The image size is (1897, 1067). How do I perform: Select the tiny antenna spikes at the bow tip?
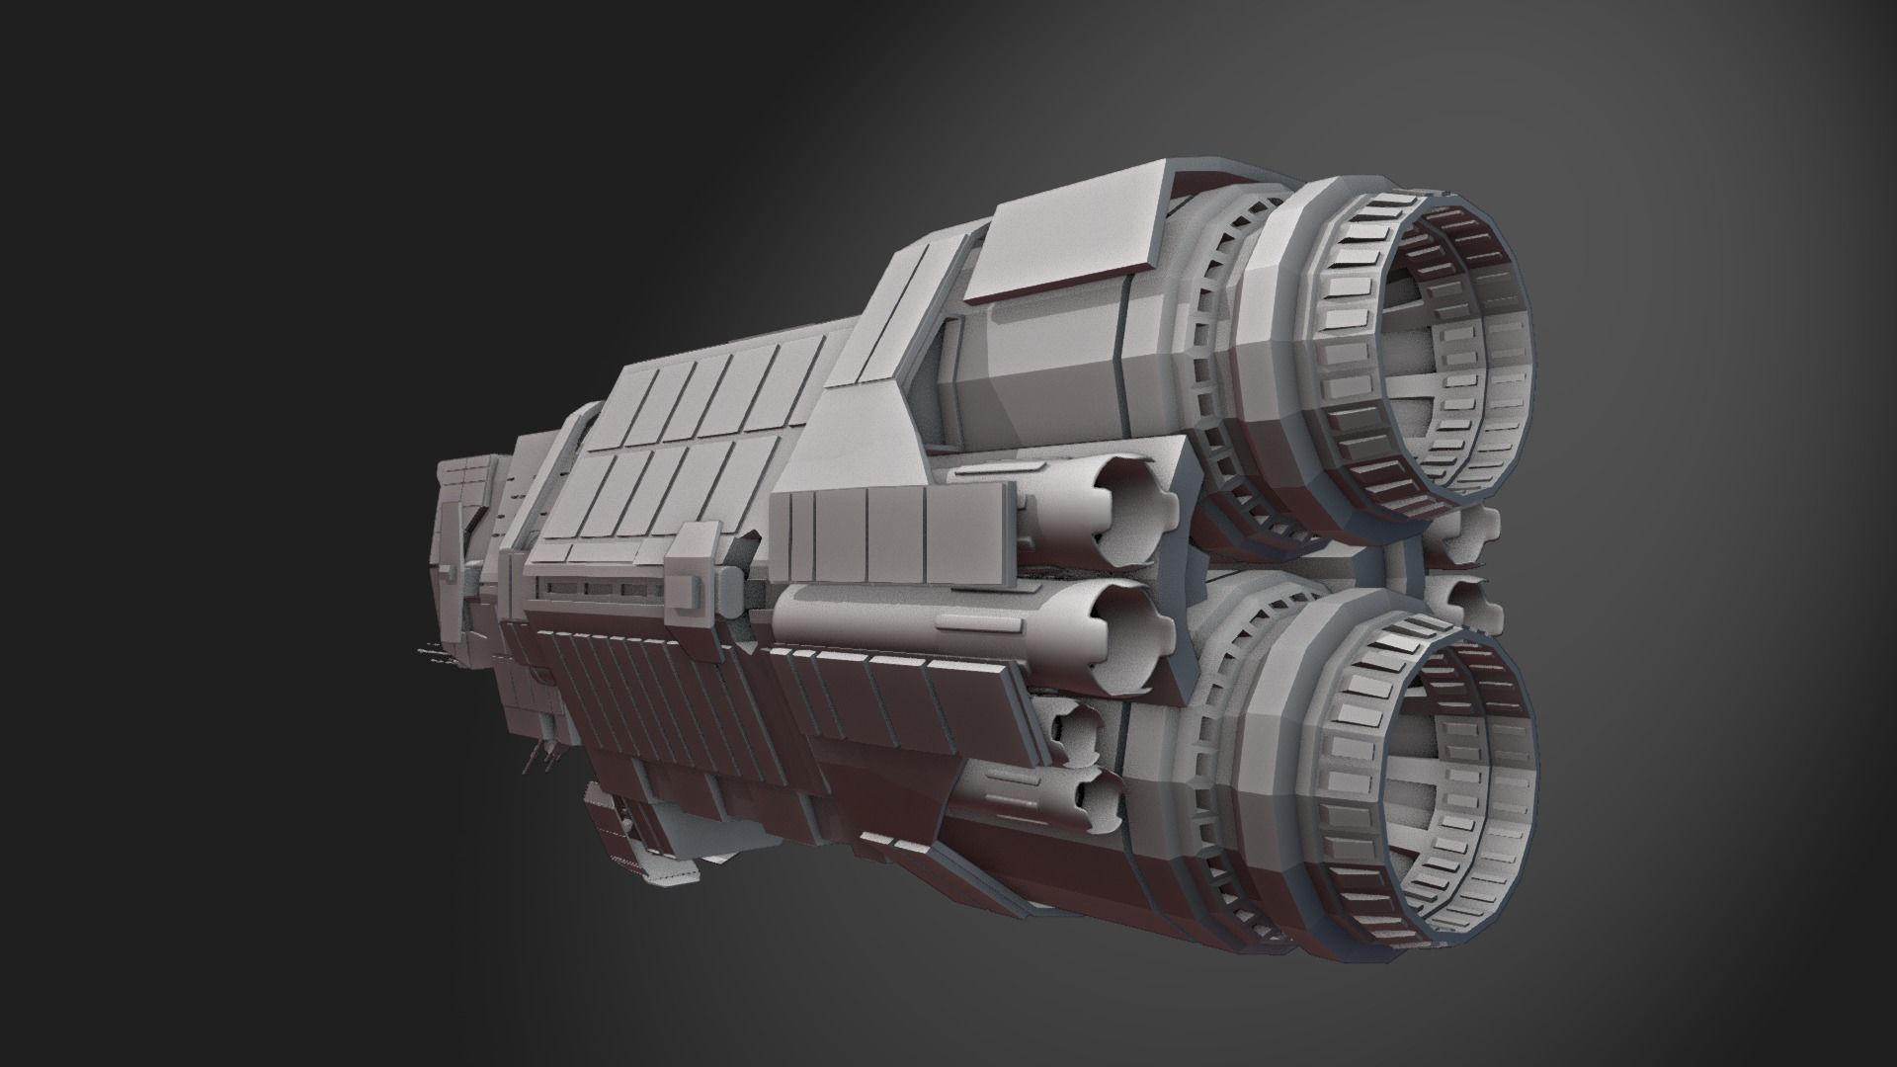tap(430, 652)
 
